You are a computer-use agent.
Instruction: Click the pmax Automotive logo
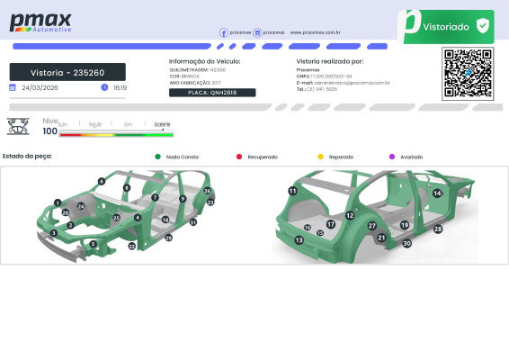point(40,23)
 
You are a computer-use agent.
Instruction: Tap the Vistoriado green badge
point(446,27)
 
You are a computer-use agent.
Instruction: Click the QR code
point(468,74)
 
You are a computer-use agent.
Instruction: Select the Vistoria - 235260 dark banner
point(67,72)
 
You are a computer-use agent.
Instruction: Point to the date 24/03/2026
point(40,88)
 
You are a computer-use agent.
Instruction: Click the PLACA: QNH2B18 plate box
point(212,93)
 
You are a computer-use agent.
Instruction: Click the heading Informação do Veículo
point(205,61)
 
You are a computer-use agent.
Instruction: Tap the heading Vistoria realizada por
point(329,61)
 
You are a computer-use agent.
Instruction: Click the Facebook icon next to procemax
point(224,32)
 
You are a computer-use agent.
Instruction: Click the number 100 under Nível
point(50,131)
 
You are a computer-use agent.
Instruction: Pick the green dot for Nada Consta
point(158,157)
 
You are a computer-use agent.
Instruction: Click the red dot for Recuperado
point(239,157)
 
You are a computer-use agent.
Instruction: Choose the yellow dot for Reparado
point(321,157)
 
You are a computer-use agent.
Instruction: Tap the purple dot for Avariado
point(392,157)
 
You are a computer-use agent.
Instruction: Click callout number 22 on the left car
point(131,246)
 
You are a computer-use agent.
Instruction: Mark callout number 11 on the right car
point(292,191)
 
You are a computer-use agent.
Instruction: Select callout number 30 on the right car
point(407,243)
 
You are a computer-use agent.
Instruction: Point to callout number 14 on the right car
point(437,193)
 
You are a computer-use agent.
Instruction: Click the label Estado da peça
point(28,156)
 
